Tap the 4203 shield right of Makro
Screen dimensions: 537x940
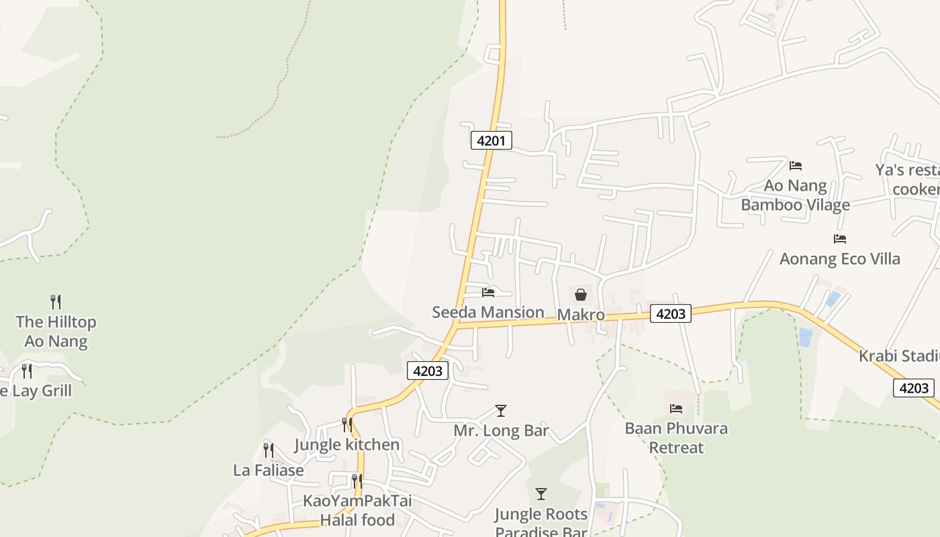click(670, 313)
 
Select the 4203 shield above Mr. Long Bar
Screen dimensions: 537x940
click(428, 371)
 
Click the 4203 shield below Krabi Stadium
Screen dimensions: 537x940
click(914, 387)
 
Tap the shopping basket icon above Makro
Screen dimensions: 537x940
click(581, 295)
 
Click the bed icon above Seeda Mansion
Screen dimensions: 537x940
click(488, 292)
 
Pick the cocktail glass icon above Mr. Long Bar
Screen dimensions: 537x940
click(500, 410)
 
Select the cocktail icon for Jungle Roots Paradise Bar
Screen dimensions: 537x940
click(541, 494)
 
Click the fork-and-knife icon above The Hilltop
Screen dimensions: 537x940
click(56, 301)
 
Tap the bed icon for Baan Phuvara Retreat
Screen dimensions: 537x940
click(676, 408)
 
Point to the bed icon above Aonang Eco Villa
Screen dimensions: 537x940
click(839, 238)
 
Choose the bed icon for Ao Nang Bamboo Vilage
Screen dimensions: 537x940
click(796, 165)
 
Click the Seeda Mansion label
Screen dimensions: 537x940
click(488, 312)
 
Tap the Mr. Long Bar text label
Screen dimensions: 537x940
click(501, 430)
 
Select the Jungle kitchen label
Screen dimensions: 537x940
click(346, 444)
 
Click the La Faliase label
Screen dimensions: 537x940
click(269, 470)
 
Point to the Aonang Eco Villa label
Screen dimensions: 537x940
click(839, 258)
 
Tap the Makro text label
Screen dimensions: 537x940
click(581, 315)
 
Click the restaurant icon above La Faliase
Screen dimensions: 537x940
click(269, 450)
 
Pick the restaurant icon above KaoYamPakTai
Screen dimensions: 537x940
click(357, 481)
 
